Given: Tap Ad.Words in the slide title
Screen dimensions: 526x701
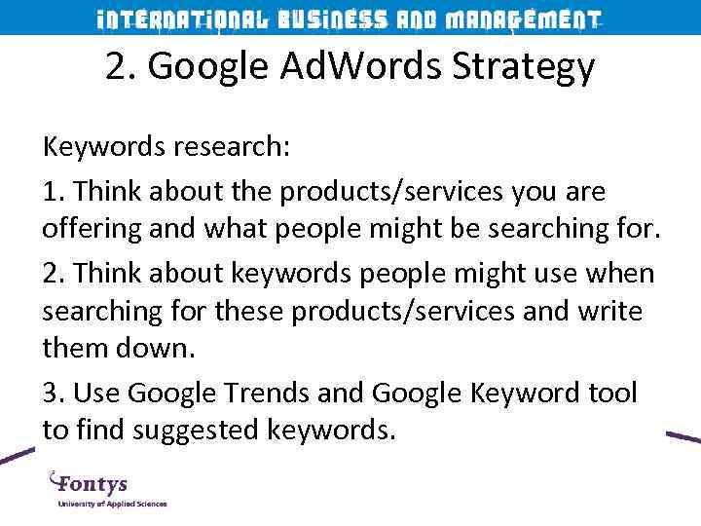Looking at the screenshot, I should (331, 66).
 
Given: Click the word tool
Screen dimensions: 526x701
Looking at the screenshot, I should (609, 394).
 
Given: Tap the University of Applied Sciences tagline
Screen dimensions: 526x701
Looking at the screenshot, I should (112, 504).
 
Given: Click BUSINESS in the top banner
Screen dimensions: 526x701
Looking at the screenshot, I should (332, 20).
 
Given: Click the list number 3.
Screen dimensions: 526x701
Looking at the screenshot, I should (51, 394).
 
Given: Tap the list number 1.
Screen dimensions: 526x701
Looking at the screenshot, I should (50, 191).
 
